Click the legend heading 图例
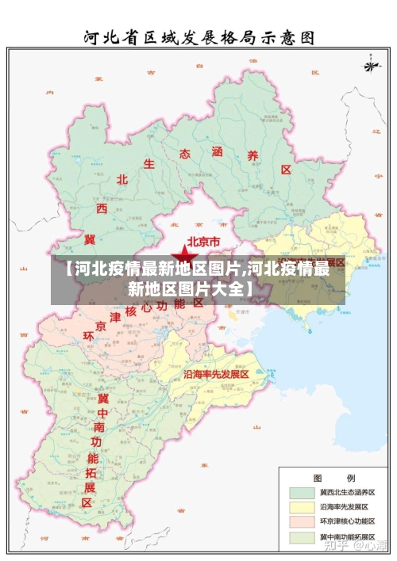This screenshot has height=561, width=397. point(334,476)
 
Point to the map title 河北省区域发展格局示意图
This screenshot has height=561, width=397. point(199,37)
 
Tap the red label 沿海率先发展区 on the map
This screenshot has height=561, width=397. point(217,373)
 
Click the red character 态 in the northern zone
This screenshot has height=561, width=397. point(184,153)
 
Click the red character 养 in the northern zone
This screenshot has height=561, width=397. point(253,156)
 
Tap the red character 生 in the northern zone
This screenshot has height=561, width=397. point(148,164)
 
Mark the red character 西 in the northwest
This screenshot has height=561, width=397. point(102,208)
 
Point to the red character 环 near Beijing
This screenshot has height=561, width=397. point(88,337)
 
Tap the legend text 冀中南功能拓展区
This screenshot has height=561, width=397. point(347,537)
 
